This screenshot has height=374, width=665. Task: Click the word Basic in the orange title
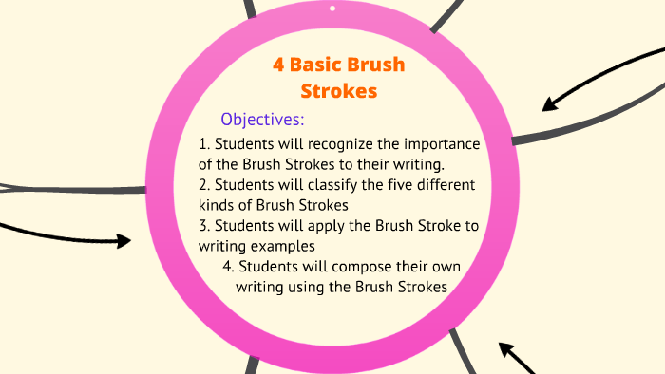click(x=321, y=65)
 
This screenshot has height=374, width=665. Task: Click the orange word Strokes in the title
click(x=338, y=91)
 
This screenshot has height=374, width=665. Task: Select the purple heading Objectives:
click(x=262, y=120)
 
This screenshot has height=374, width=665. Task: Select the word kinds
click(x=218, y=205)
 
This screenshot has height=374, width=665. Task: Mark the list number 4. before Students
click(x=229, y=266)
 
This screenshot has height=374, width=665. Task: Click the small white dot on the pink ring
click(x=332, y=9)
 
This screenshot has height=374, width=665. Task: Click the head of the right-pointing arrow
click(x=123, y=240)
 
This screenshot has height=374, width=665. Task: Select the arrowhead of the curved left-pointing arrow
click(x=548, y=102)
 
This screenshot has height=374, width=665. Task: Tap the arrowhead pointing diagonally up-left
click(x=504, y=349)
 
